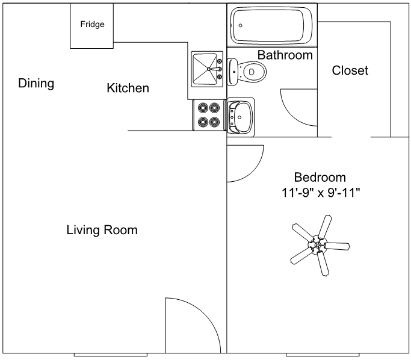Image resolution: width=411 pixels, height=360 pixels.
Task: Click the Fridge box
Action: click(x=91, y=26)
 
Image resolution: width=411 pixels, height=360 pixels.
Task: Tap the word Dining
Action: click(x=36, y=84)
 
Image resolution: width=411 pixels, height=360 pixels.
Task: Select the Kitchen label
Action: click(x=128, y=88)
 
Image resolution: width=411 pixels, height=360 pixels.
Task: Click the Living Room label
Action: click(x=102, y=230)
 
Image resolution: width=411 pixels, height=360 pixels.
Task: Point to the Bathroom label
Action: click(x=285, y=55)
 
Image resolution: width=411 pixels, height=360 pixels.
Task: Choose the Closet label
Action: click(x=350, y=70)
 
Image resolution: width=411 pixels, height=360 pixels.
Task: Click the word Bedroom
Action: click(x=320, y=177)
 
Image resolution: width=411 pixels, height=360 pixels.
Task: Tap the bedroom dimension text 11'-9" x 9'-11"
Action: click(x=321, y=193)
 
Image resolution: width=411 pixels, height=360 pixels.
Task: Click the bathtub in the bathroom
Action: click(x=271, y=25)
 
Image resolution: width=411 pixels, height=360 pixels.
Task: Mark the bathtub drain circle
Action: click(x=240, y=25)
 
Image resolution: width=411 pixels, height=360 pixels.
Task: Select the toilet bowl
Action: click(x=254, y=72)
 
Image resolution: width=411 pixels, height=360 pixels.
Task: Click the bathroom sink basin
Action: click(x=240, y=117)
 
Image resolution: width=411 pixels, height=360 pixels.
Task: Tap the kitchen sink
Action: click(x=207, y=69)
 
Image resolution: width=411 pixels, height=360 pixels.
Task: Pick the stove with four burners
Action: click(x=209, y=115)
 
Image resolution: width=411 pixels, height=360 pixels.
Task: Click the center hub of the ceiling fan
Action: click(x=317, y=246)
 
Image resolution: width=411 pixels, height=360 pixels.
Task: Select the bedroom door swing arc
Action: click(x=253, y=172)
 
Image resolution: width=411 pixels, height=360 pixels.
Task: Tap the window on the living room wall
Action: click(x=110, y=355)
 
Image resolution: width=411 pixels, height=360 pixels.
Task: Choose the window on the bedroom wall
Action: click(x=323, y=355)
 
